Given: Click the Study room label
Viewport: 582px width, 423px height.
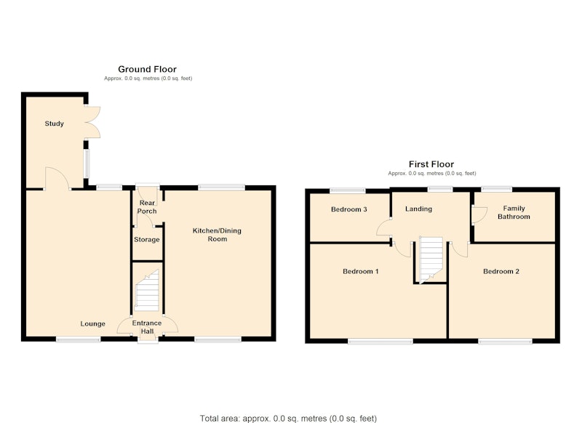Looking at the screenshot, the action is point(54,124).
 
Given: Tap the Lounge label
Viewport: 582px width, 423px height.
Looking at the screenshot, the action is point(93,323).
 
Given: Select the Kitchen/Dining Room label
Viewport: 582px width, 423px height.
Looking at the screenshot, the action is point(217,235).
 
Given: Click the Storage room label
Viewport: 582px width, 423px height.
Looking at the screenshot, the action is point(147,240).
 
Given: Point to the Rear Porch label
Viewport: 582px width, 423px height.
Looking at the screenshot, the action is point(147,207).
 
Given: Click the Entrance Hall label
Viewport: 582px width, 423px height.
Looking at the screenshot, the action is point(147,327).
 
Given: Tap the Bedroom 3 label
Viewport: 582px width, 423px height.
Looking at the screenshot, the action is point(349,209).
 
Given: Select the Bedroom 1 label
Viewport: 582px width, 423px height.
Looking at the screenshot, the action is point(360,271).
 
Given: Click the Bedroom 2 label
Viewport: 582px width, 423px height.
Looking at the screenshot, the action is point(501,271).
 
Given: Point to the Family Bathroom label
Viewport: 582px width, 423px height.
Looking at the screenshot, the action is point(514,212).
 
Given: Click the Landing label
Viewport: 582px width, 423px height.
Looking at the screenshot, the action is point(419,209).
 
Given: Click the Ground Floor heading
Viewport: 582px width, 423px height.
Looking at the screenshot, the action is point(148,69).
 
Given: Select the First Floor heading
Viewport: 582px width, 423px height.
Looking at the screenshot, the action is point(431,164).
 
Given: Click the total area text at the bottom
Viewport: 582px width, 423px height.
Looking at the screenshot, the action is point(288,419).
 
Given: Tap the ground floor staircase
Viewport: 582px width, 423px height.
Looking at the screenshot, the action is point(147,291).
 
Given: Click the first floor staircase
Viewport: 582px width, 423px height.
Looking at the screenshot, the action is point(431,260).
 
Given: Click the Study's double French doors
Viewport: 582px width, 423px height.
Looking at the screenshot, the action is point(92,123).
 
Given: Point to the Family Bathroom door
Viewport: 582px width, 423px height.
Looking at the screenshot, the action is point(479,214).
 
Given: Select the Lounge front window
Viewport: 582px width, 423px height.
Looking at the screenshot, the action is point(79,339).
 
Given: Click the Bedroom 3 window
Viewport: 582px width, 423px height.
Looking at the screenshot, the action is point(348,190).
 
